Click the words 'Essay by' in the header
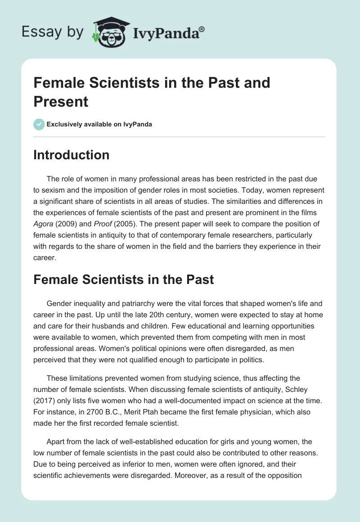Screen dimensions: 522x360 click(53, 32)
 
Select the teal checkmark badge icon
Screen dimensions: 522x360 click(39, 124)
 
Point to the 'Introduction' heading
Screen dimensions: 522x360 click(72, 155)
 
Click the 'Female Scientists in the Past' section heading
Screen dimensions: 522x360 click(124, 279)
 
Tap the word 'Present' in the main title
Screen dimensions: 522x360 click(61, 101)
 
